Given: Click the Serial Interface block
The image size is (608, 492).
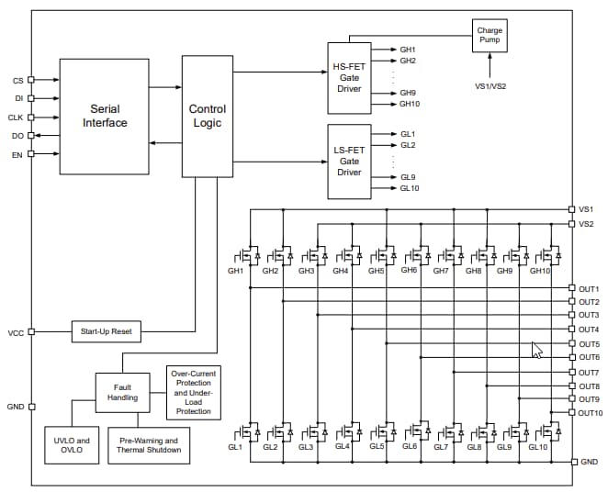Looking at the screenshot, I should (104, 116).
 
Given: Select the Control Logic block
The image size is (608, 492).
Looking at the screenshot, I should (207, 116).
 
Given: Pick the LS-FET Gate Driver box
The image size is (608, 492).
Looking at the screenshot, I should (349, 160).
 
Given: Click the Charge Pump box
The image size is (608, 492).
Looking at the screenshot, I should (490, 37).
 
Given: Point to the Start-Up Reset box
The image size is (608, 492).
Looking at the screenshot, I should (106, 331).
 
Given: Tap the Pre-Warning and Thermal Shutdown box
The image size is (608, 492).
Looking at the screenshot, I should (149, 445).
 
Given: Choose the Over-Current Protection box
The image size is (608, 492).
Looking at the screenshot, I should (192, 392).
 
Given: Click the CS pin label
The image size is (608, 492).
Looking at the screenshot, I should (17, 81).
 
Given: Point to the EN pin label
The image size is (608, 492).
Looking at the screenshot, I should (17, 154).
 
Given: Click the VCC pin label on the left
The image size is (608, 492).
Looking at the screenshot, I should (16, 332).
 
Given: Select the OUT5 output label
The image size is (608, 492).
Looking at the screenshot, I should (589, 344).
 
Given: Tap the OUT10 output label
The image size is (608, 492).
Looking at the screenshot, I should (591, 413).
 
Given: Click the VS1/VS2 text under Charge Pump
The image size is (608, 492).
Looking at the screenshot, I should (490, 86).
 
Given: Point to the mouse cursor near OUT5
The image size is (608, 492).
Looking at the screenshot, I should (536, 350).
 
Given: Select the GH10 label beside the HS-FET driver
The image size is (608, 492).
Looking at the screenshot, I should (410, 104).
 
